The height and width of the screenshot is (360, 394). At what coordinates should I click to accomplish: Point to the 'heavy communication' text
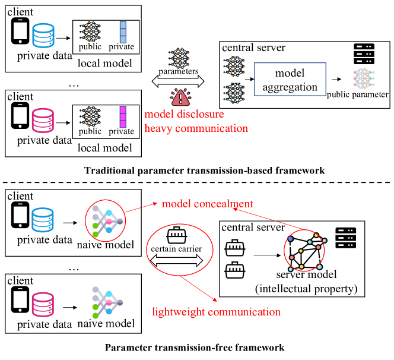coord(196,128)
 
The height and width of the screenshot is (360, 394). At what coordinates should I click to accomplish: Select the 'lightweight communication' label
coord(216,311)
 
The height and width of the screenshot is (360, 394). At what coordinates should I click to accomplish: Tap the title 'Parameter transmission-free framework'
coord(195,347)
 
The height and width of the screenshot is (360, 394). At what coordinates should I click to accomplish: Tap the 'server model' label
coord(306,274)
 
